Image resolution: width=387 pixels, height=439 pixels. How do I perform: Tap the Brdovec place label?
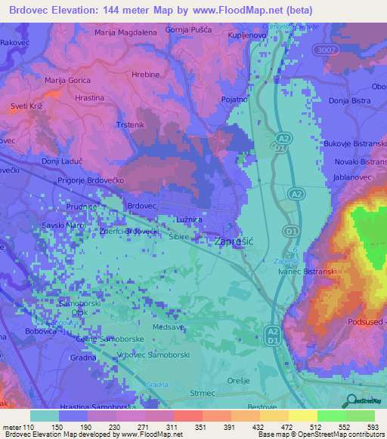pyautogui.click(x=141, y=205)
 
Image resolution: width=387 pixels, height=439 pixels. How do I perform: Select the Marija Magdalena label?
pyautogui.click(x=125, y=32)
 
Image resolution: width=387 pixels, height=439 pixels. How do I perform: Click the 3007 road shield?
pyautogui.click(x=326, y=48)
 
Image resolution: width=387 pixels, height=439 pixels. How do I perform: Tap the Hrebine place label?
pyautogui.click(x=145, y=75)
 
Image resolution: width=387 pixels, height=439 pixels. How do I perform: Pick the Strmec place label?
pyautogui.click(x=203, y=393)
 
